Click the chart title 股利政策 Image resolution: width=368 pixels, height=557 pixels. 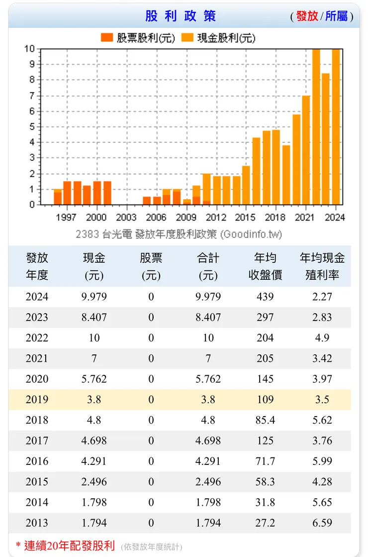pos(181,16)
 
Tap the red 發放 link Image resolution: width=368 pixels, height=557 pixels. pos(307,16)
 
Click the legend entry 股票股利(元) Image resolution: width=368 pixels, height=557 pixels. pos(138,38)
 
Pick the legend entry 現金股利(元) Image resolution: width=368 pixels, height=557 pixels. pos(219,38)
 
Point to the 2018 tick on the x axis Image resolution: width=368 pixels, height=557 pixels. pos(275,218)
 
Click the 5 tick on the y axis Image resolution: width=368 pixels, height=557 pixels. pos(32,127)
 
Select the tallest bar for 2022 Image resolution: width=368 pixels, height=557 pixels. pos(316,127)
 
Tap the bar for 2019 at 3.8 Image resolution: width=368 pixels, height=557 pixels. pos(286,175)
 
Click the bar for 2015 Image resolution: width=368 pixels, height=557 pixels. pos(246,185)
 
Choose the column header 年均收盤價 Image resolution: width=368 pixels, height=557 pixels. pos(265,266)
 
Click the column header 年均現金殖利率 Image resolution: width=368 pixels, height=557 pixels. pos(322,266)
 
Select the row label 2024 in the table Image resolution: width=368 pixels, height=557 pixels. pos(37,297)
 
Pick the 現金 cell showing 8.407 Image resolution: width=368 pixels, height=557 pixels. pos(94,318)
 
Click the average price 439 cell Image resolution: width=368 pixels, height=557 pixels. pos(265,297)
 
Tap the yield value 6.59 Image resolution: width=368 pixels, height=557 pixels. pos(322,523)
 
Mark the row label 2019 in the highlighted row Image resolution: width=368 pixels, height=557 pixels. pos(37,400)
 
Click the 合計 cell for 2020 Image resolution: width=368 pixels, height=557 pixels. pos(208,379)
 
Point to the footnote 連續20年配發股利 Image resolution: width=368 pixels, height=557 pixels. pos(70,545)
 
